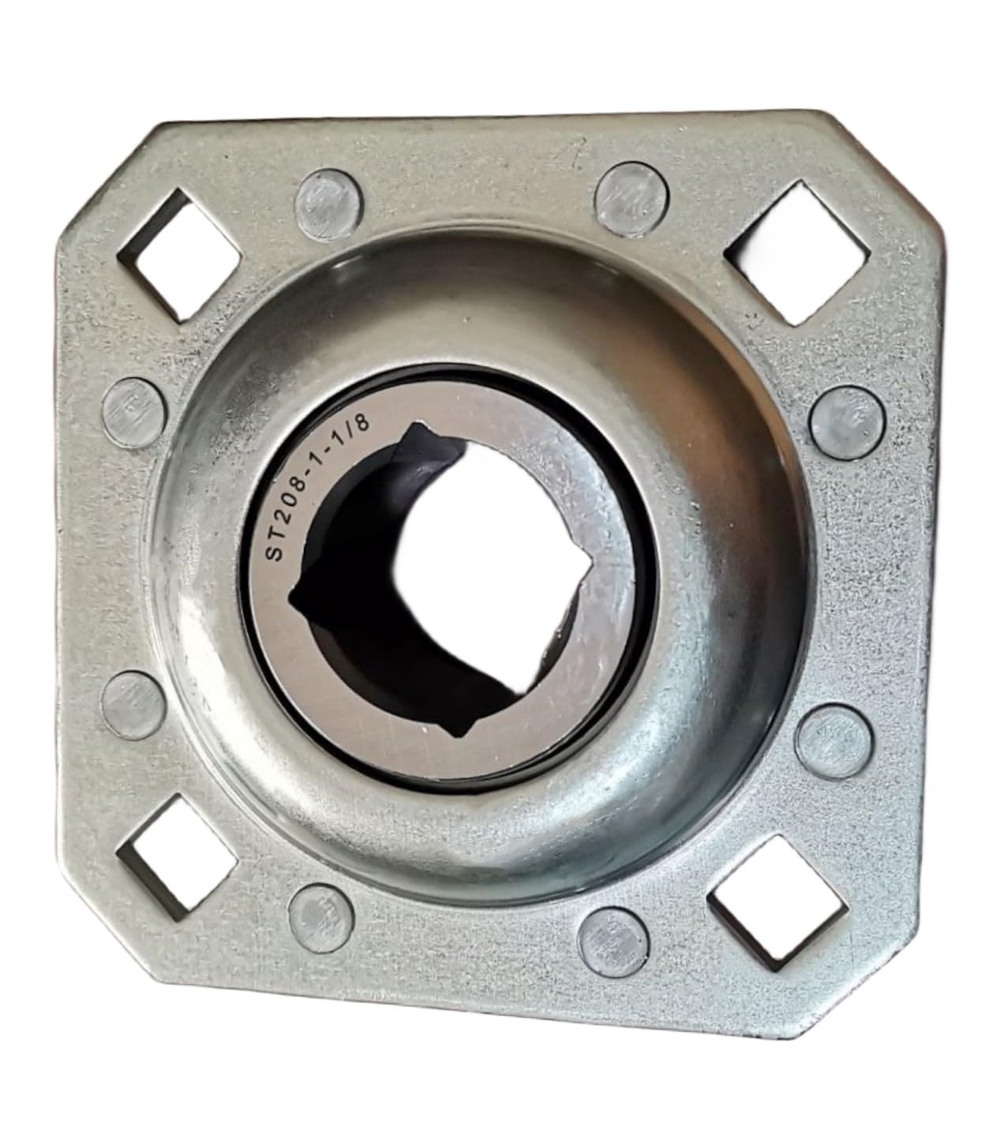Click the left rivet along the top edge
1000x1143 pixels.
328,204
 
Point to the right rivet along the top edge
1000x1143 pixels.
632,199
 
